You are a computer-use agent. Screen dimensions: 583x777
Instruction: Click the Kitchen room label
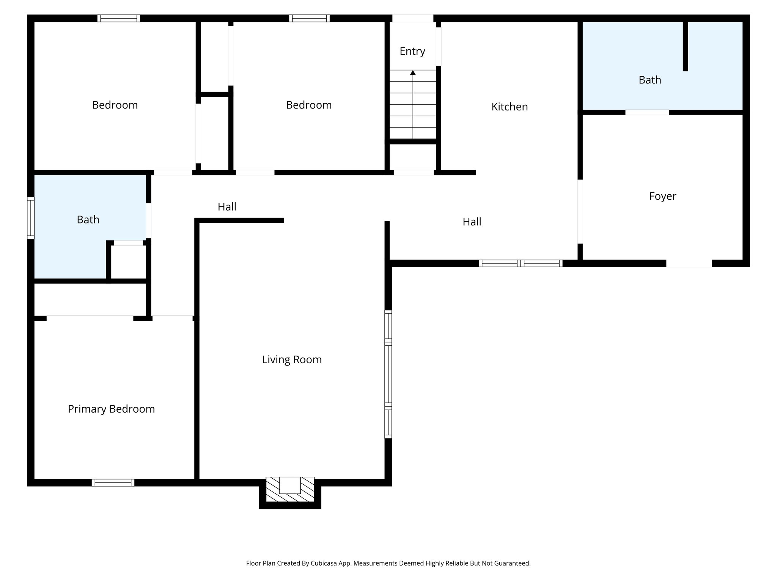coord(509,107)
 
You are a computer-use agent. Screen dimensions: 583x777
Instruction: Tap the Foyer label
coord(662,196)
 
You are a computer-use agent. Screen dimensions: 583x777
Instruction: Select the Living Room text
coord(292,359)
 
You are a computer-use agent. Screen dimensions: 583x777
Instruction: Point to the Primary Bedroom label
coord(111,409)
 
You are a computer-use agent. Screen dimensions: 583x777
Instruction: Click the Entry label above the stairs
coord(412,51)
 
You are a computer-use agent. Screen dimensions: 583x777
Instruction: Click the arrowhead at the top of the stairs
coord(413,72)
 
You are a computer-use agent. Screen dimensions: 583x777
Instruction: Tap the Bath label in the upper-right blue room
coord(650,80)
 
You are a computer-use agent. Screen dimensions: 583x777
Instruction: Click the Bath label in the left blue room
coord(88,220)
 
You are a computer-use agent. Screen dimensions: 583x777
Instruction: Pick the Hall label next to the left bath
coord(227,207)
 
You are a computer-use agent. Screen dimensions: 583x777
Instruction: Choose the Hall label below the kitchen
coord(472,222)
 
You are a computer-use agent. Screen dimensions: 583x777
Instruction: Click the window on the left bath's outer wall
coord(31,218)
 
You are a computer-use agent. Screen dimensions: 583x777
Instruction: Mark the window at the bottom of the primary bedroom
coord(113,482)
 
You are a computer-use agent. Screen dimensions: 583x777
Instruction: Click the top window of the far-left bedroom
coord(119,18)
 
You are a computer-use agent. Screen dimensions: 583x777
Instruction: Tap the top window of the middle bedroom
coord(309,18)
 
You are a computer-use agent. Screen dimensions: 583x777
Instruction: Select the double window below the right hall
coord(520,263)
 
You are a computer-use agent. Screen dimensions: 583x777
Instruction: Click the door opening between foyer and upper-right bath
coord(647,112)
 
